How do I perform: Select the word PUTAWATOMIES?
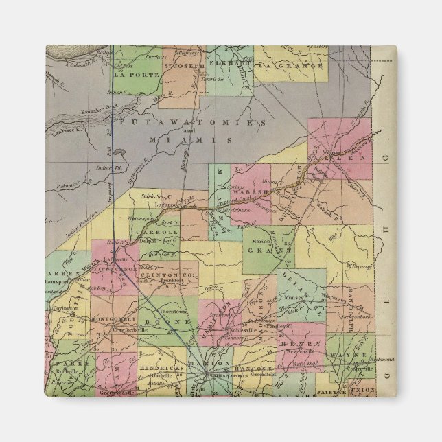(191, 122)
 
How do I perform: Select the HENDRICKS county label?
(161, 368)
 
